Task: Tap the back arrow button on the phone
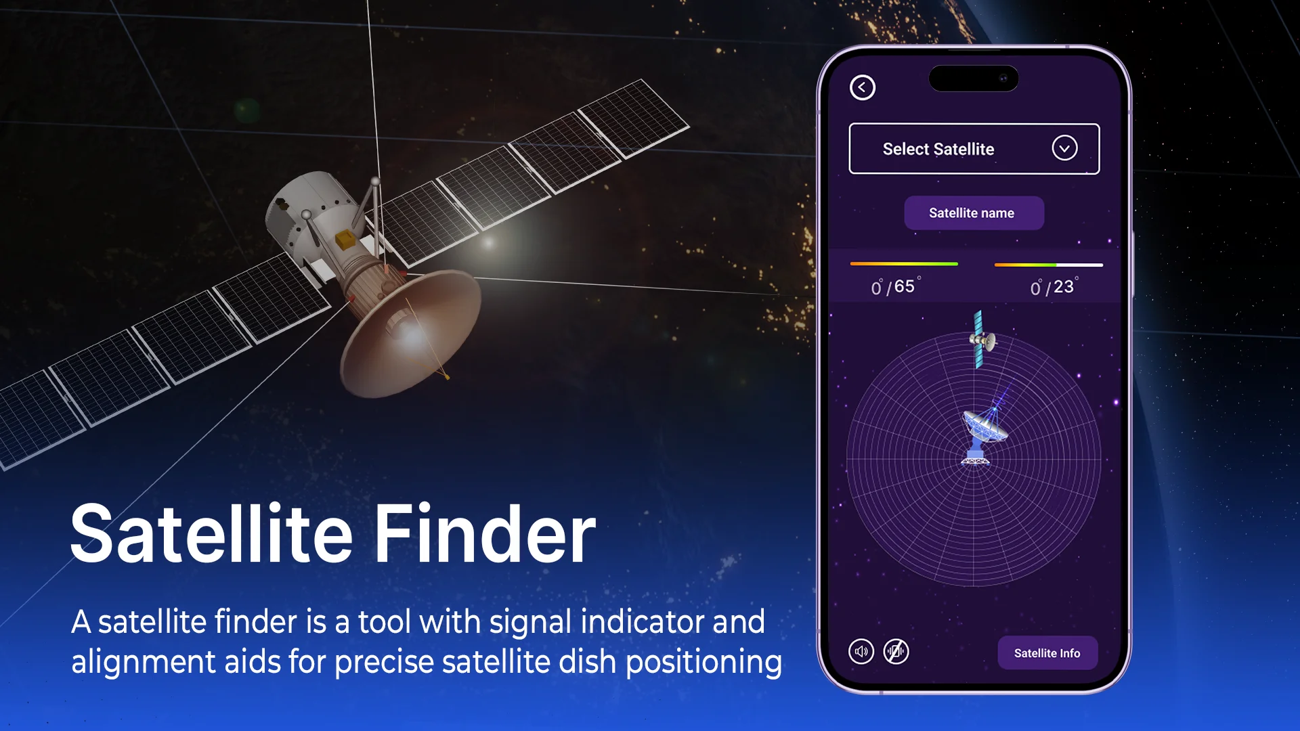pos(862,87)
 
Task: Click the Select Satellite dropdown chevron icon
pos(1064,148)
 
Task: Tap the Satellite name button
pos(974,213)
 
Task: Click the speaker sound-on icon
pos(861,652)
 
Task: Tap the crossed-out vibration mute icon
pos(896,652)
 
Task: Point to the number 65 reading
pos(905,286)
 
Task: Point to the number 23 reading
pos(1064,287)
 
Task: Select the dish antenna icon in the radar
pos(982,433)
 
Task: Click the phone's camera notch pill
pos(974,79)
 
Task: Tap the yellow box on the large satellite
pos(345,239)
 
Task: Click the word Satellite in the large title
pos(211,534)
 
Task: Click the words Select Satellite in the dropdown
pos(938,149)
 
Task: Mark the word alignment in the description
pos(143,663)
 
